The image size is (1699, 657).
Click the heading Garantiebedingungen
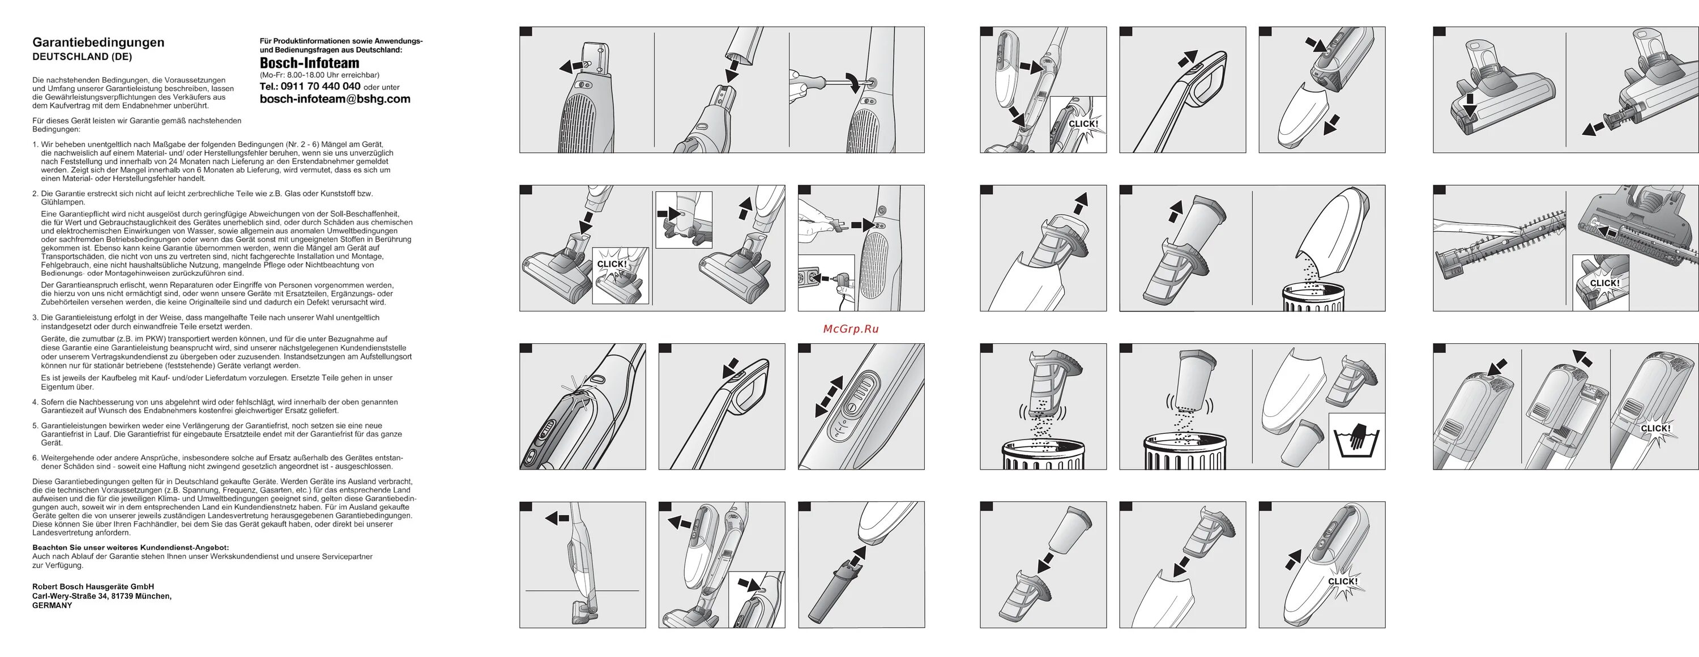coord(99,42)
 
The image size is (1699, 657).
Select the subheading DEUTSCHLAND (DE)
coord(83,57)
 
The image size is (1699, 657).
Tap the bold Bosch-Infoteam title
coord(309,63)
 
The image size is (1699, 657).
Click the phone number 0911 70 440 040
coord(321,87)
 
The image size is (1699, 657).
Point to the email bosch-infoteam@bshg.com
coord(335,99)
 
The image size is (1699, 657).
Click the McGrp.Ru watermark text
coord(851,328)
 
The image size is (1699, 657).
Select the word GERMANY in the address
coord(52,605)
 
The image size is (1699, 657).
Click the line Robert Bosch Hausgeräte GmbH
coord(93,586)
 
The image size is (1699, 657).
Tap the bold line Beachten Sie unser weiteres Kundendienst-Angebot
coord(131,548)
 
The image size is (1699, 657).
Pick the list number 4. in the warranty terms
coord(36,402)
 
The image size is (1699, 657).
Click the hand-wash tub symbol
coord(1356,440)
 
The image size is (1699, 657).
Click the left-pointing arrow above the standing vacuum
coord(557,518)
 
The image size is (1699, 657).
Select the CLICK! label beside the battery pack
coord(1655,429)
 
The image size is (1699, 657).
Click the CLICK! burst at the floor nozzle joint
coord(612,264)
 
